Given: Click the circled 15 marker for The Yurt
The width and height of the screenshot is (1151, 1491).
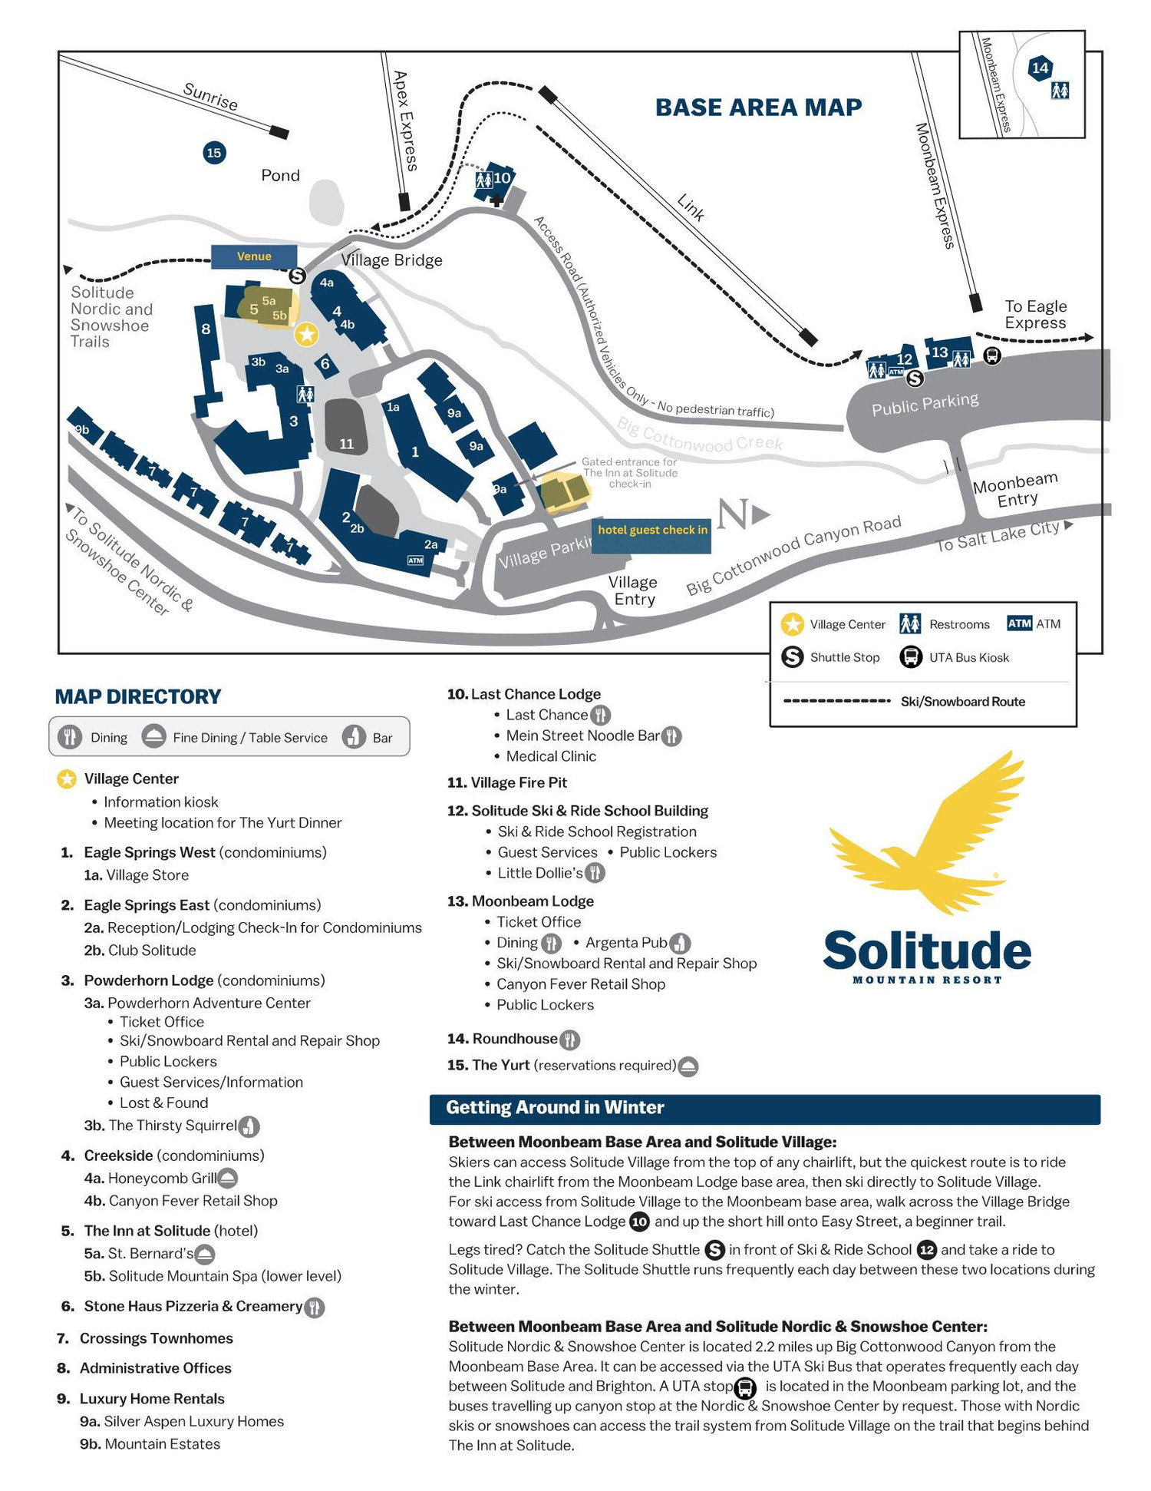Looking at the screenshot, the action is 214,153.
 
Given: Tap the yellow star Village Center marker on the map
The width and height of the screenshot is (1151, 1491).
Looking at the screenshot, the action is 306,334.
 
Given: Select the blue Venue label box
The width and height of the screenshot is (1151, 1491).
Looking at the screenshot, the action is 254,256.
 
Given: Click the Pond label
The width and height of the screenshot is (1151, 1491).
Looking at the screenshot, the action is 280,175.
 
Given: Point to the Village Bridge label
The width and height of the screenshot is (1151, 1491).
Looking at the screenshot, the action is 391,260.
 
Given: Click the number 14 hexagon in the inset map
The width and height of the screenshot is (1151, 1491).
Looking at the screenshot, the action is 1040,68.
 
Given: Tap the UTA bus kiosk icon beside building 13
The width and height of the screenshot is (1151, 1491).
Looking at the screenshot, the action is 992,355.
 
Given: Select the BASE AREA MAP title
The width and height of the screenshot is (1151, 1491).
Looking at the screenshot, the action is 758,107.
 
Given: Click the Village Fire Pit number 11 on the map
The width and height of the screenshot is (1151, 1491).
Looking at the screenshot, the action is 347,444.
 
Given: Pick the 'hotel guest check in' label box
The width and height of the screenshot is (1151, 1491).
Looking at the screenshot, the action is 651,535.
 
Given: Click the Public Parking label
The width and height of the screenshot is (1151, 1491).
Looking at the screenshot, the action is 925,404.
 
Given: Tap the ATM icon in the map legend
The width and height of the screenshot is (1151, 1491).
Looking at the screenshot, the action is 1019,623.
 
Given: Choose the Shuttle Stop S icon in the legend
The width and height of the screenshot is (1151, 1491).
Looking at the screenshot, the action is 792,657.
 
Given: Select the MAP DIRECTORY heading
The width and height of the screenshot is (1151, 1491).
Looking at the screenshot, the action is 137,696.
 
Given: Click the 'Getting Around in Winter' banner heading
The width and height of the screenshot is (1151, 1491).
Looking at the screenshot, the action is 555,1107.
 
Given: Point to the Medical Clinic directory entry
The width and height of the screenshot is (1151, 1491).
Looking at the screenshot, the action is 551,756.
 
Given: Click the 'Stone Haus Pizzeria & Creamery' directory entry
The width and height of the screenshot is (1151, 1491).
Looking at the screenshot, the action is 193,1306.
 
